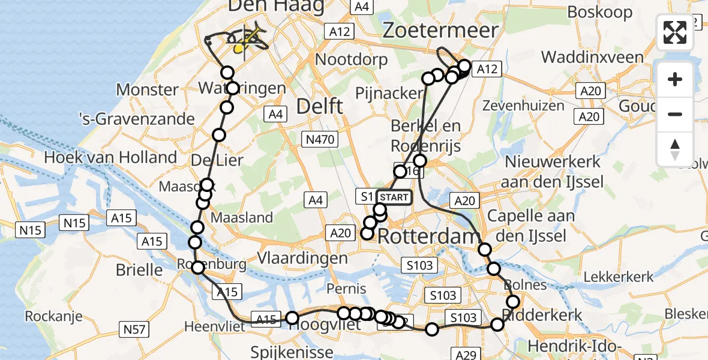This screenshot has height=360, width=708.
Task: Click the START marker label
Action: point(394,197)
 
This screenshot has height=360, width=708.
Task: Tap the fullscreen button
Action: point(675,32)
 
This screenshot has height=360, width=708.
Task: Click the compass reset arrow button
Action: point(675,149)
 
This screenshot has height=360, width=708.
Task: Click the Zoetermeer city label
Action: point(440,30)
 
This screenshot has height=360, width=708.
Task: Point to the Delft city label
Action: point(320,107)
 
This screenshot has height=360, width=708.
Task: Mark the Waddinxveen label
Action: point(592,58)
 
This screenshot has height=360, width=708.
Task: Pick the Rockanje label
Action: point(53,316)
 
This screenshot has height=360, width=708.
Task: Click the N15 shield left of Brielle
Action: point(31,229)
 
